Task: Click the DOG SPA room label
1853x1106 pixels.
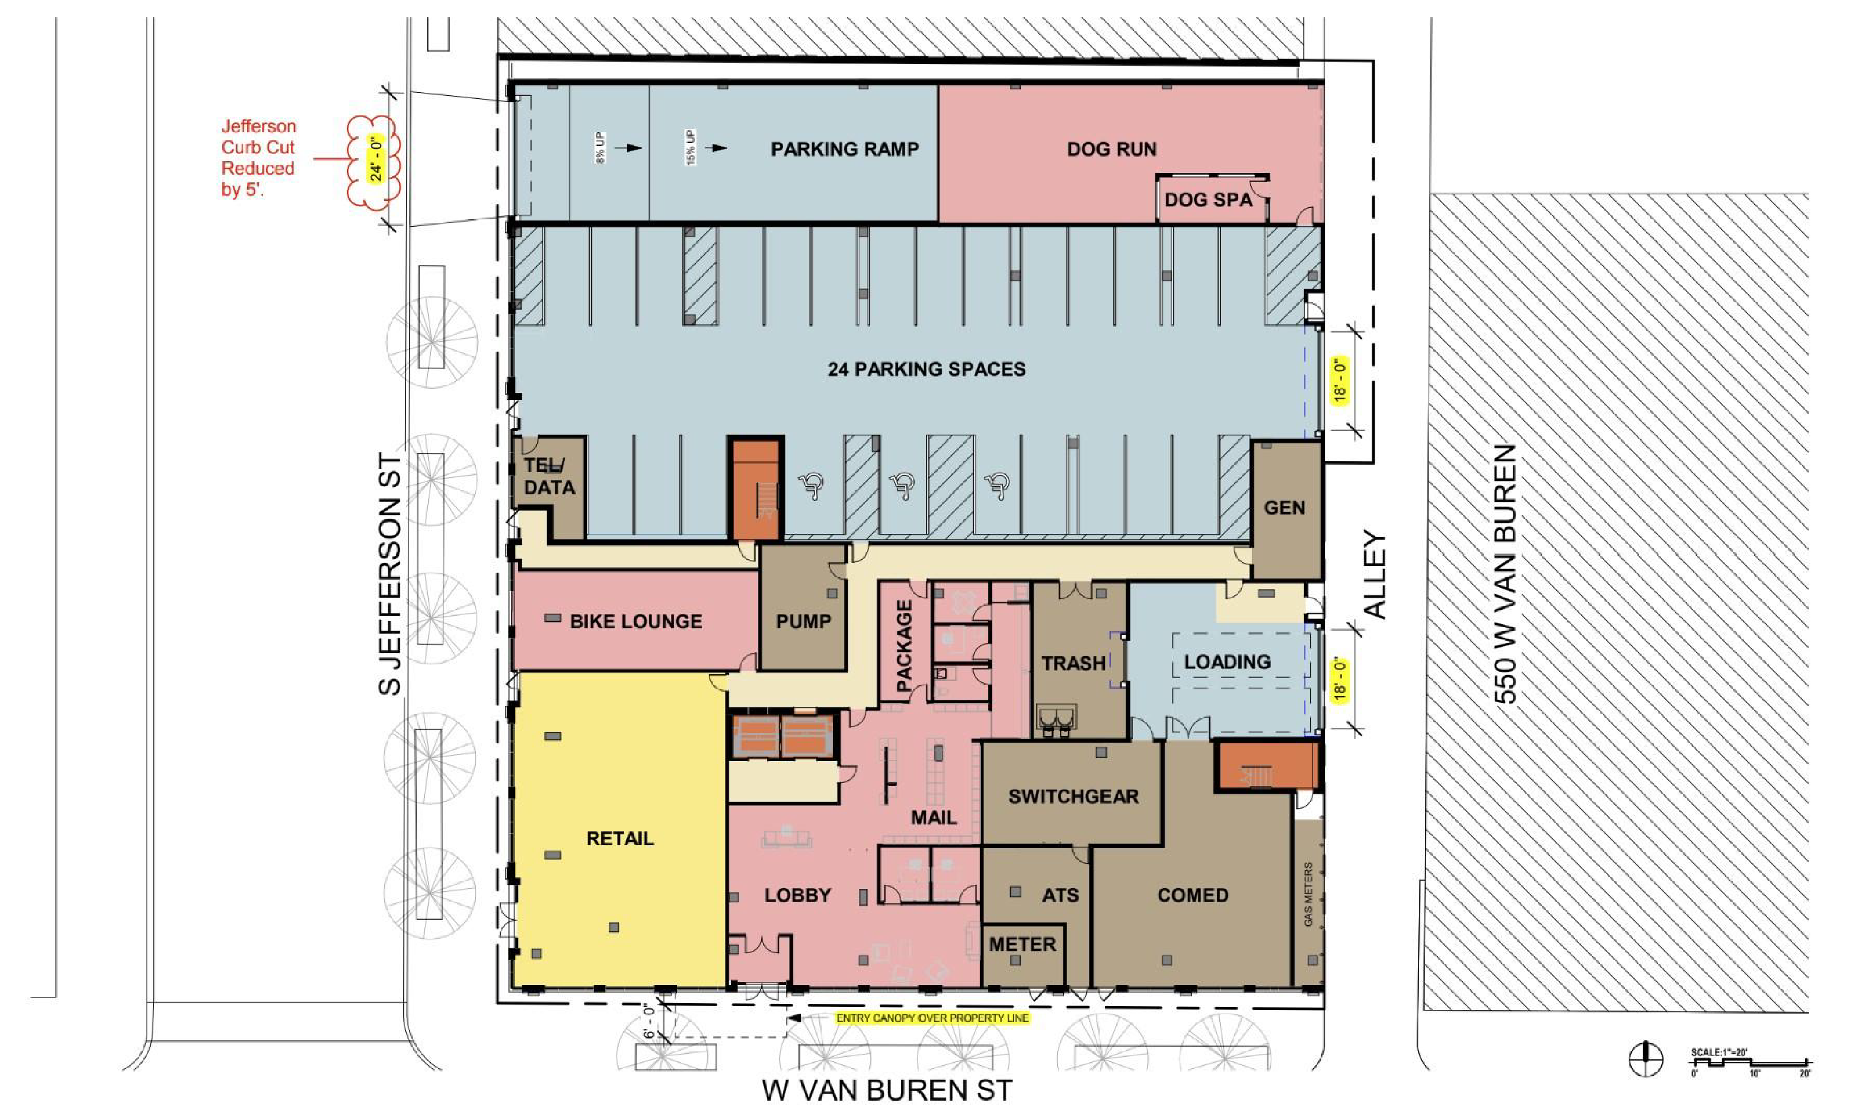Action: [x=1208, y=200]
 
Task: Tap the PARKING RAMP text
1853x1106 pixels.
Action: [x=845, y=149]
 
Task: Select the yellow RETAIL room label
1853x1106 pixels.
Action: [x=620, y=839]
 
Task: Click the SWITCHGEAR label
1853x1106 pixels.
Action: [x=1074, y=796]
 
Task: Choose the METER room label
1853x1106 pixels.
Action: [x=1023, y=944]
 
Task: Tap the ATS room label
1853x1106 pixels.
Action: [x=1060, y=895]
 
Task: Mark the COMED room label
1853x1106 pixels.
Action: [x=1193, y=895]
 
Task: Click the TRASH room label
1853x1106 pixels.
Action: [x=1074, y=663]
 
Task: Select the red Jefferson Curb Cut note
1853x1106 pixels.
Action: [x=258, y=158]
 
